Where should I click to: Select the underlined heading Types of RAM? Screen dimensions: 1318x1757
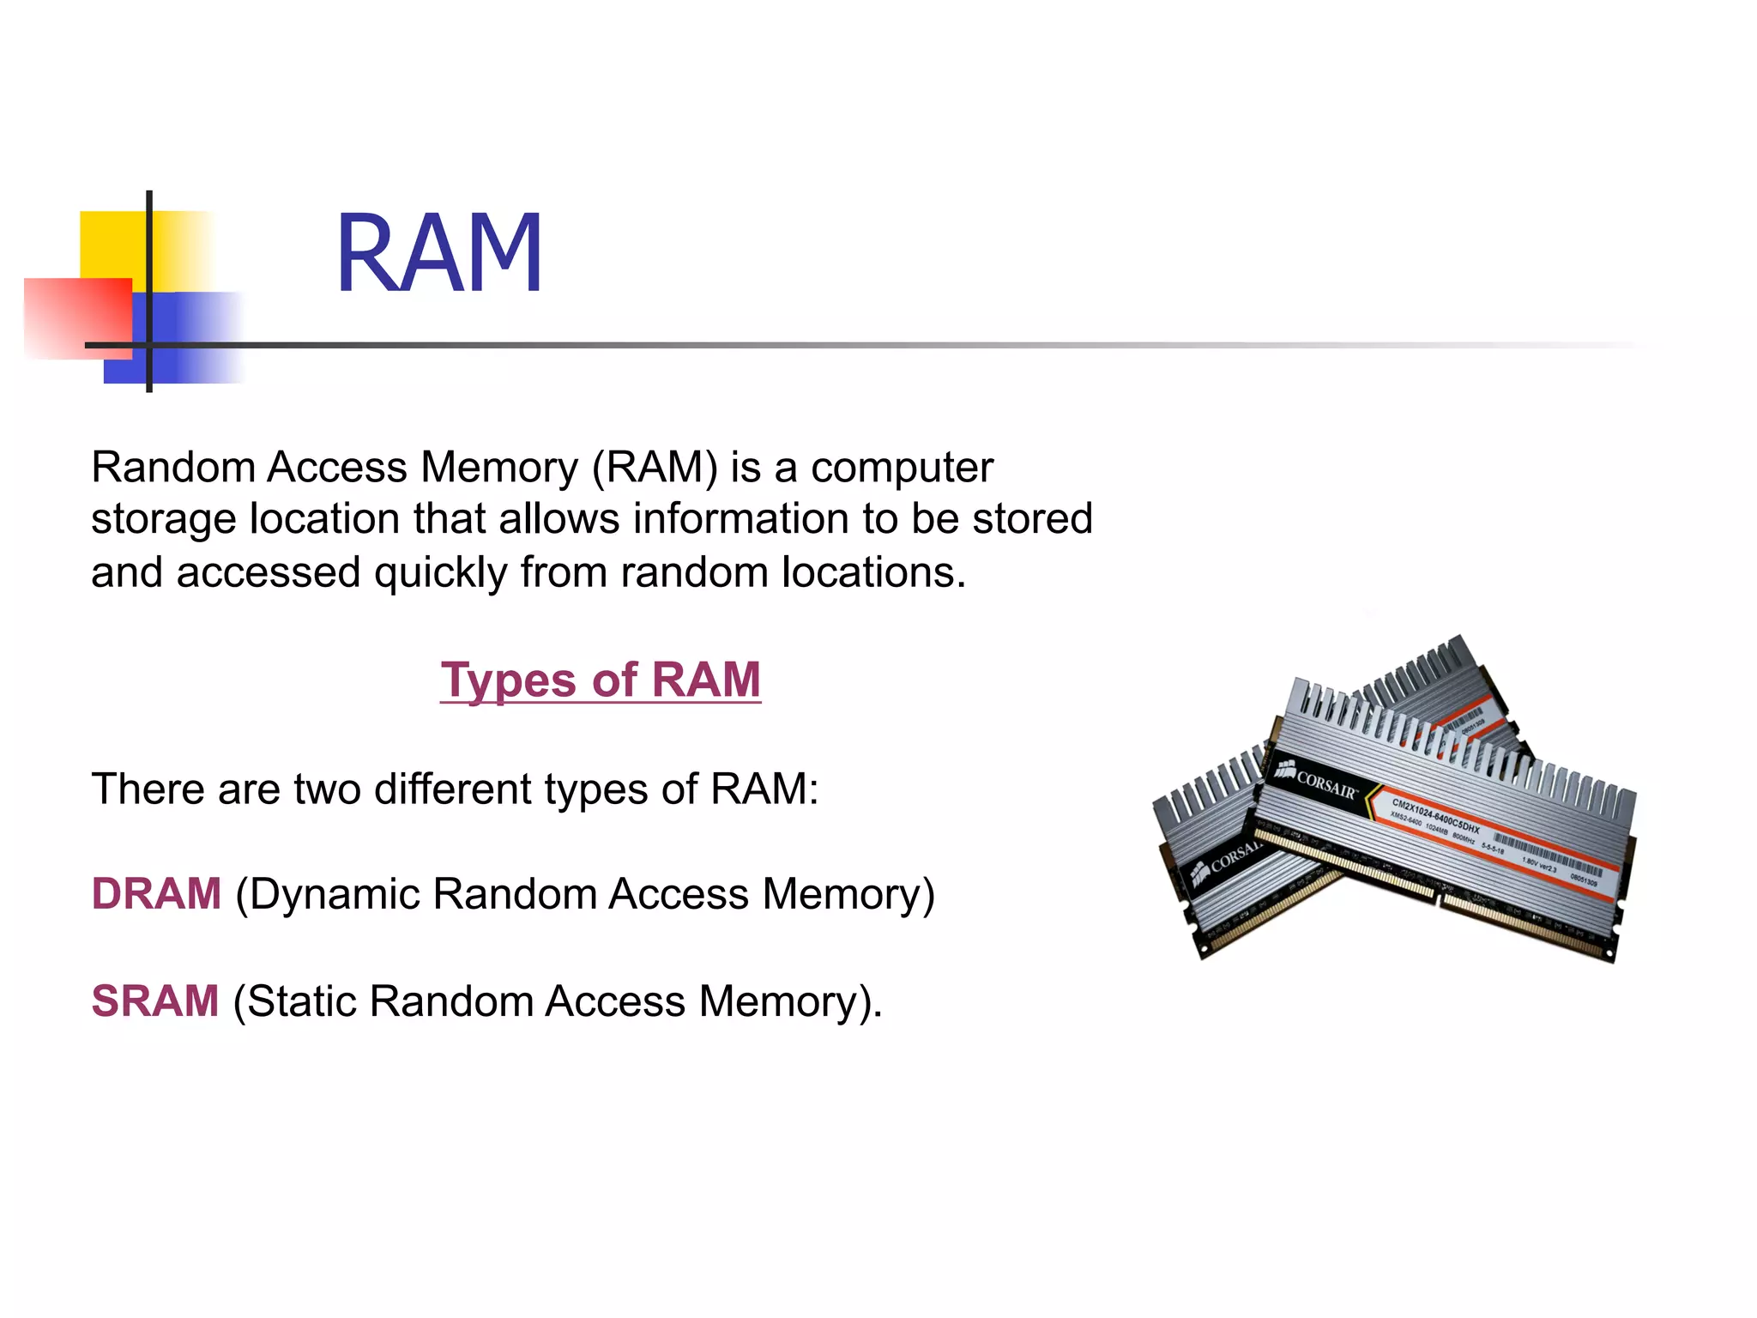click(601, 680)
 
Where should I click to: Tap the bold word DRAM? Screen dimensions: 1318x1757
click(156, 893)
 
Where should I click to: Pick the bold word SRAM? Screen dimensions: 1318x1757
click(155, 1001)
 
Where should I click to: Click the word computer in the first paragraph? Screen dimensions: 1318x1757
click(902, 469)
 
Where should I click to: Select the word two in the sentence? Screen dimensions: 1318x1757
click(327, 789)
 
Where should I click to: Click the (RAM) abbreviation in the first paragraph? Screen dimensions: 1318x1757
click(655, 469)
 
